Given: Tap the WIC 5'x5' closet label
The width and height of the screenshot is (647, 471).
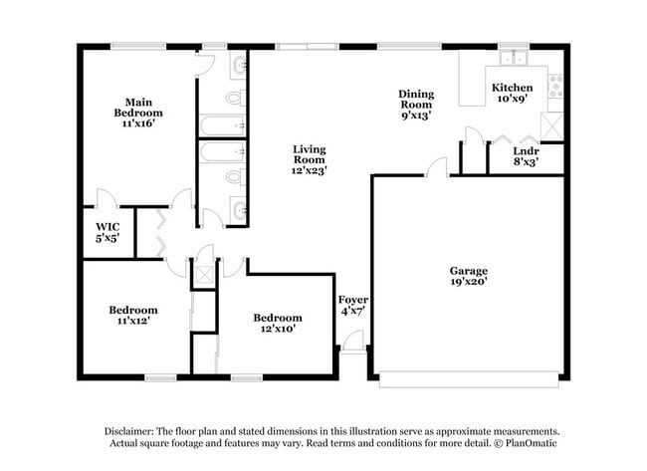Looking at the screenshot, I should (x=108, y=233).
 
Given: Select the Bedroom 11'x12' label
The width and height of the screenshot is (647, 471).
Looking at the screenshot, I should (x=133, y=316).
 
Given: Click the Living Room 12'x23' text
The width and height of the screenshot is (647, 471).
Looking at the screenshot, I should (x=309, y=159).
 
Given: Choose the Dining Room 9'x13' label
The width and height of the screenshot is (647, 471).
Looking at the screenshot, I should (x=416, y=103).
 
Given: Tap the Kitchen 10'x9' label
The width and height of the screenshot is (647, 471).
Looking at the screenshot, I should (x=512, y=93).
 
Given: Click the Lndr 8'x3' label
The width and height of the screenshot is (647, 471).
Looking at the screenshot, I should (x=525, y=156).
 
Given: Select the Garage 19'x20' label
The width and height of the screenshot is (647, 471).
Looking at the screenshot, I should (x=468, y=276).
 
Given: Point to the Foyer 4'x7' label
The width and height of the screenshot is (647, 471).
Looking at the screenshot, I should (x=353, y=305).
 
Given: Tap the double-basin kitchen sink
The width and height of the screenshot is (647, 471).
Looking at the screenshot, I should (x=513, y=57).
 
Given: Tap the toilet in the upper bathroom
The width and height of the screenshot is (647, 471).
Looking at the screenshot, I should (x=235, y=98).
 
